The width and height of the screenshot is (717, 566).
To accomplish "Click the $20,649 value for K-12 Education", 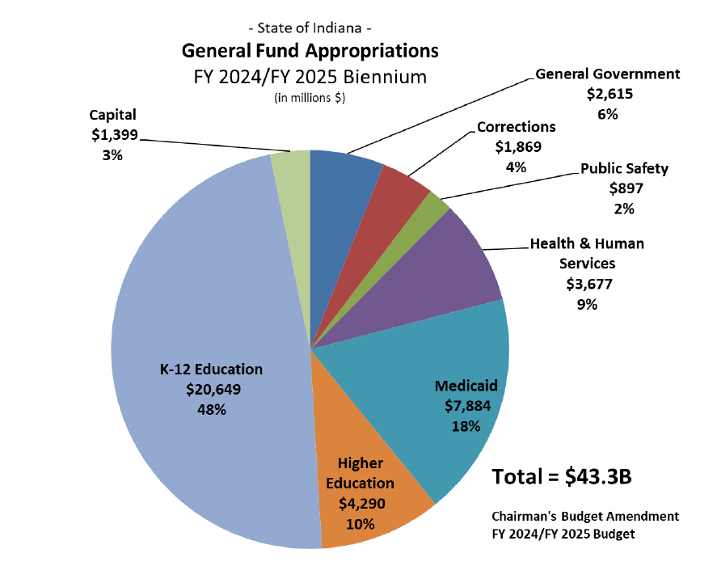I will [211, 389].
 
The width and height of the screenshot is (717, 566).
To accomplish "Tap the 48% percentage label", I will [211, 409].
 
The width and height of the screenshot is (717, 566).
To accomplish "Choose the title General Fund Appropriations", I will [310, 51].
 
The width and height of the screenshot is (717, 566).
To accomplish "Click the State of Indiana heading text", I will [310, 29].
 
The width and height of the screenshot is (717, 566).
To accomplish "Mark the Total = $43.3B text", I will [562, 476].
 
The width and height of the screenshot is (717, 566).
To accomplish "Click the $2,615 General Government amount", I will [609, 94].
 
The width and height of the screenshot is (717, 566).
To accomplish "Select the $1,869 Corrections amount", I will [517, 146].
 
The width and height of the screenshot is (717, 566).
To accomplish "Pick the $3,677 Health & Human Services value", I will [588, 284].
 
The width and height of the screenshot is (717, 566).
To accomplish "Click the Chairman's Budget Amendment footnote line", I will [585, 515].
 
